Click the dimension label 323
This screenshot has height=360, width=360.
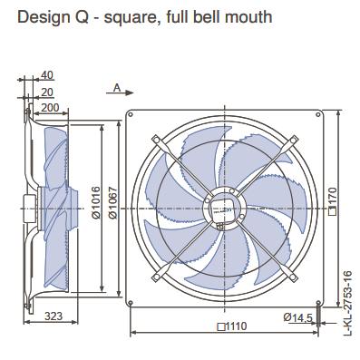pyautogui.click(x=54, y=316)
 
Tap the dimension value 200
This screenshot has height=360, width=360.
pyautogui.click(x=50, y=108)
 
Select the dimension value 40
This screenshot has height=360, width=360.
pyautogui.click(x=47, y=75)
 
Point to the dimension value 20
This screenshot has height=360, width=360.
pyautogui.click(x=47, y=92)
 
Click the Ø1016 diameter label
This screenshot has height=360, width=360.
pyautogui.click(x=95, y=202)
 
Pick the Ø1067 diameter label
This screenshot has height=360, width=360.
pyautogui.click(x=112, y=202)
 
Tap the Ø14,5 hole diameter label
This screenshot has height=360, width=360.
pyautogui.click(x=297, y=317)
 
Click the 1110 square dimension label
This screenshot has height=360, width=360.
pyautogui.click(x=232, y=326)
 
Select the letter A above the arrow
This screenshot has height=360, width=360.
pyautogui.click(x=117, y=88)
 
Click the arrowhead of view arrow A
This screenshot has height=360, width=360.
pyautogui.click(x=130, y=92)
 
